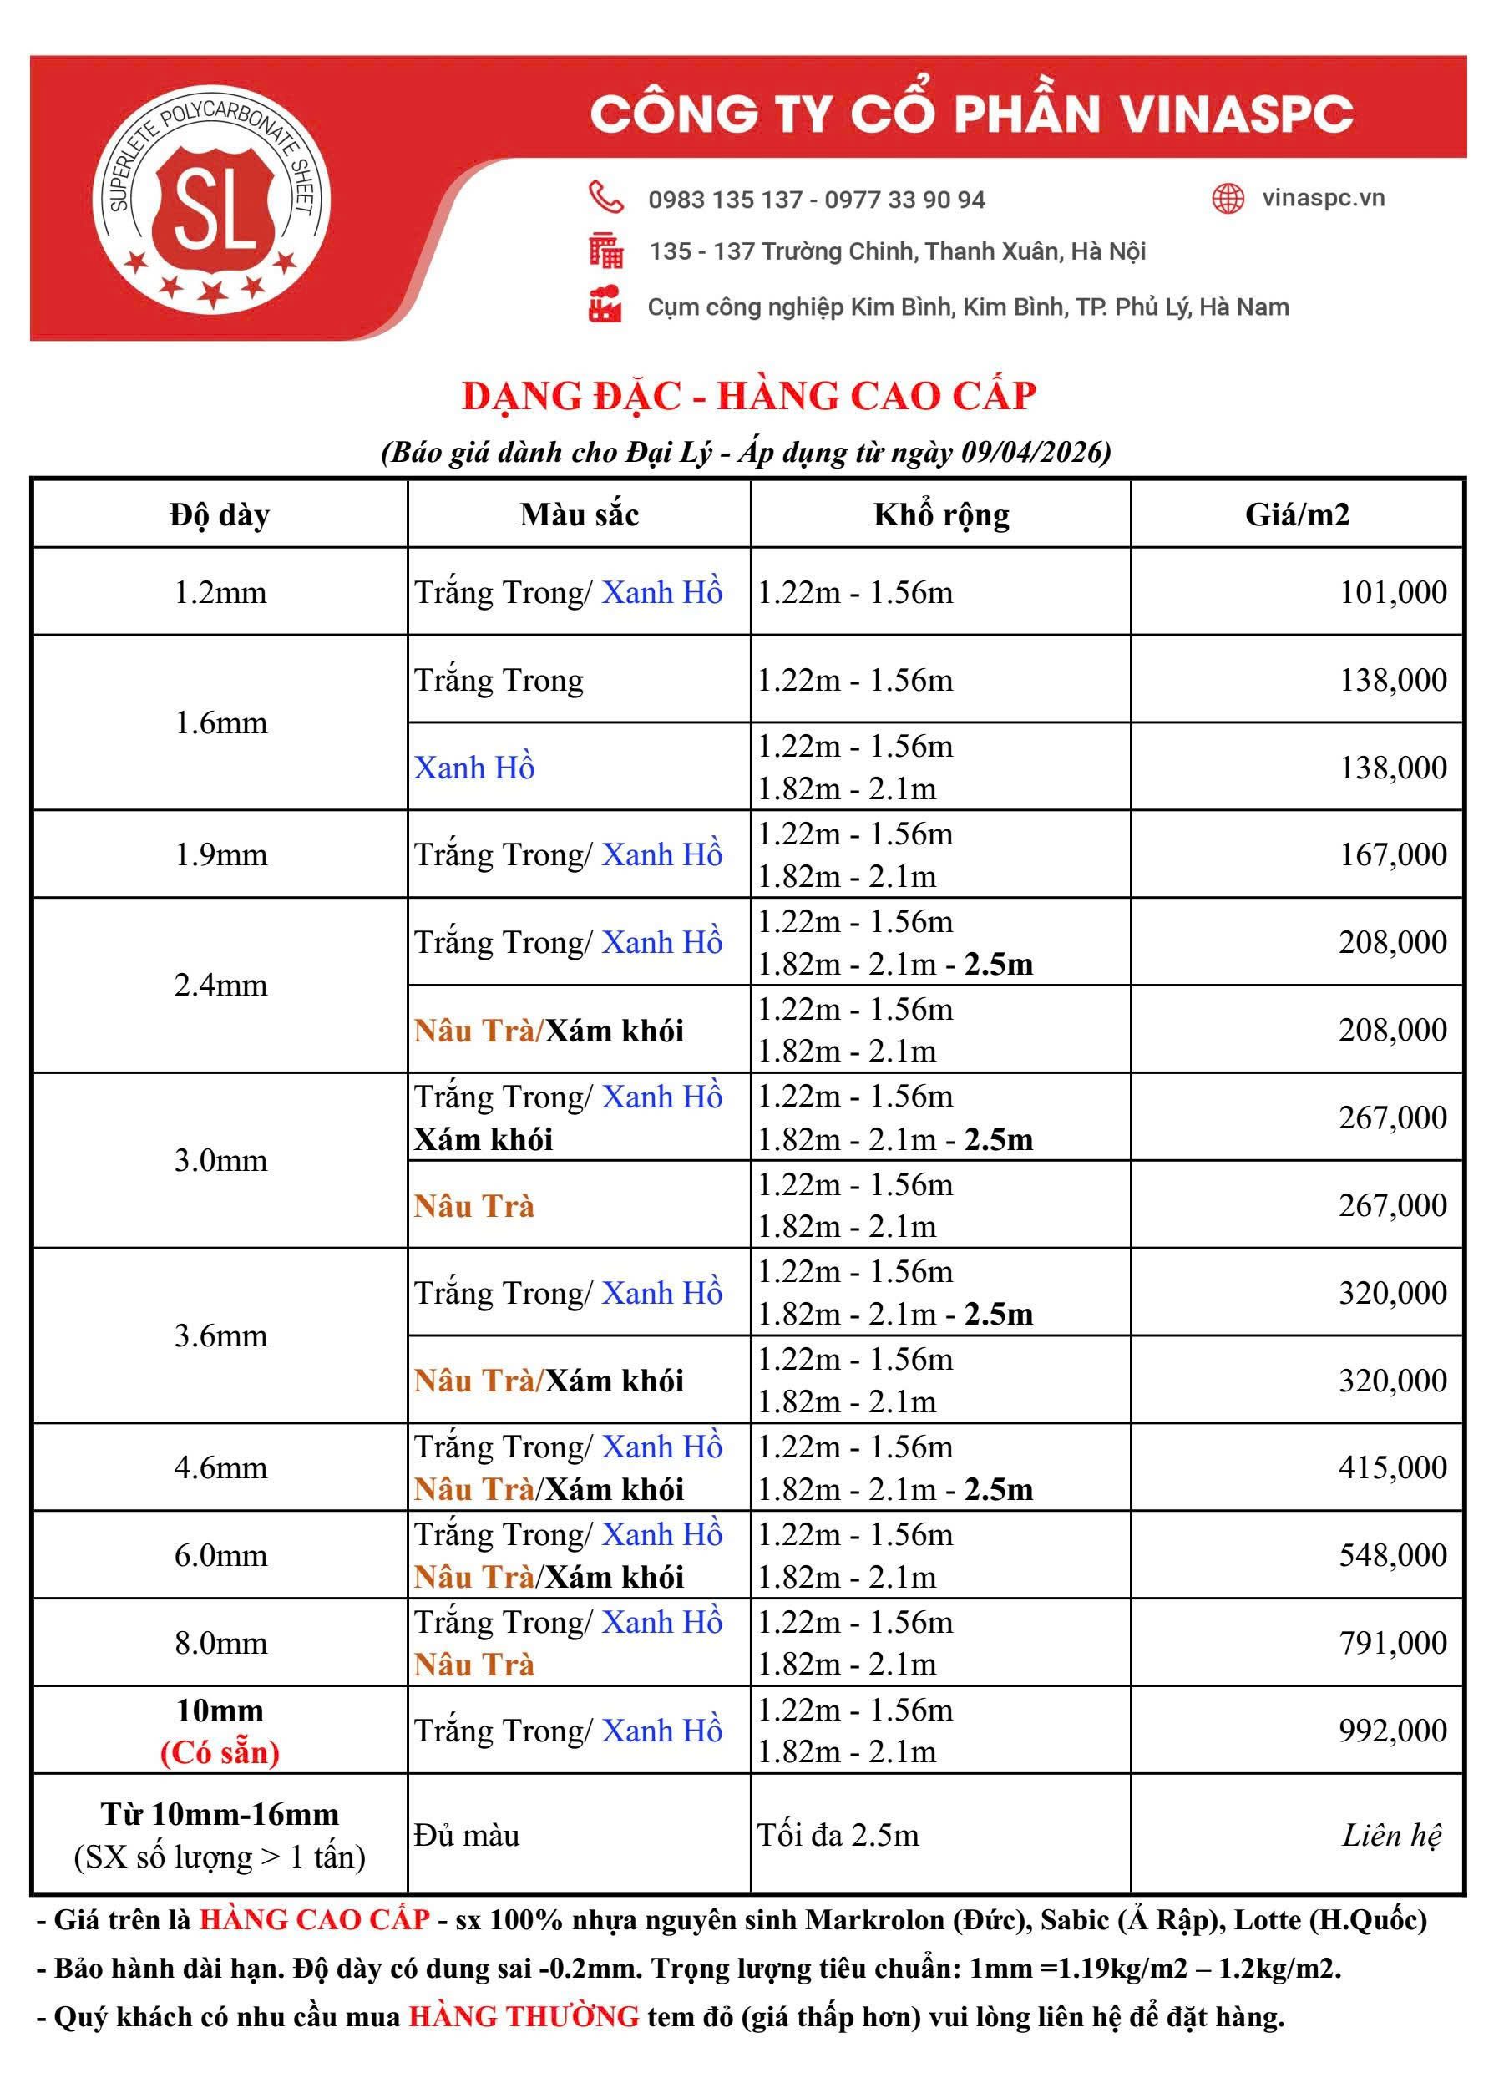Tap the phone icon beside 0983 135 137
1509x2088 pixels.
pos(605,198)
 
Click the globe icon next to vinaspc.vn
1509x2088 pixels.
pos(1228,198)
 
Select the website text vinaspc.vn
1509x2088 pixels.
pos(1323,198)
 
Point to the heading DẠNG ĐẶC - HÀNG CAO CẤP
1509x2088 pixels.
pos(748,396)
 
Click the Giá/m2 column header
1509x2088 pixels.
pos(1296,514)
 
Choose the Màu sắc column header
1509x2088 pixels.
pos(579,514)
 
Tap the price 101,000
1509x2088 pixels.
pos(1392,592)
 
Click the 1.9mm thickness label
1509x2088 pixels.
pos(221,854)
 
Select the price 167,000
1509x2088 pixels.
pos(1392,854)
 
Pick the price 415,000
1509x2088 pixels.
pos(1392,1467)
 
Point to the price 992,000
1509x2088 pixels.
pos(1392,1730)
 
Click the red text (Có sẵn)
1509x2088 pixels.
pos(220,1751)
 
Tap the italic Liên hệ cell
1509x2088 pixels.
pos(1391,1835)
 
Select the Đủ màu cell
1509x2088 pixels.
pos(467,1835)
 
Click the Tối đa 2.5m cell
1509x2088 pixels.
pos(838,1835)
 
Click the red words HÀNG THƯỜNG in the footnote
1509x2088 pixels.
pos(524,2016)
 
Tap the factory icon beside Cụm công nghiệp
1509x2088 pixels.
pos(605,306)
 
